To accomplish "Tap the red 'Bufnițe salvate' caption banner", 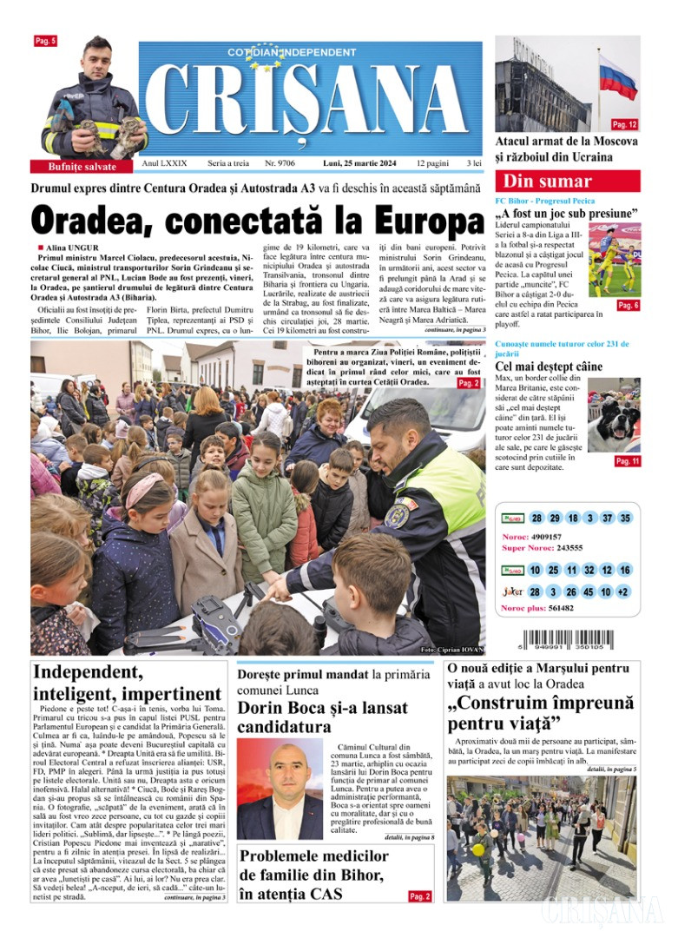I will tap(83, 167).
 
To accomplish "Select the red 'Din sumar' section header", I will tap(567, 182).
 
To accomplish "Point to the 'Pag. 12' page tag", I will tap(624, 124).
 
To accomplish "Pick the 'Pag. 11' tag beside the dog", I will tap(627, 461).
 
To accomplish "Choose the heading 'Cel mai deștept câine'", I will tap(548, 367).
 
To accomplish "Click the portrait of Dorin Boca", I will tap(280, 789).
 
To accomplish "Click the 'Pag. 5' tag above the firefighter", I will tap(45, 41).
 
